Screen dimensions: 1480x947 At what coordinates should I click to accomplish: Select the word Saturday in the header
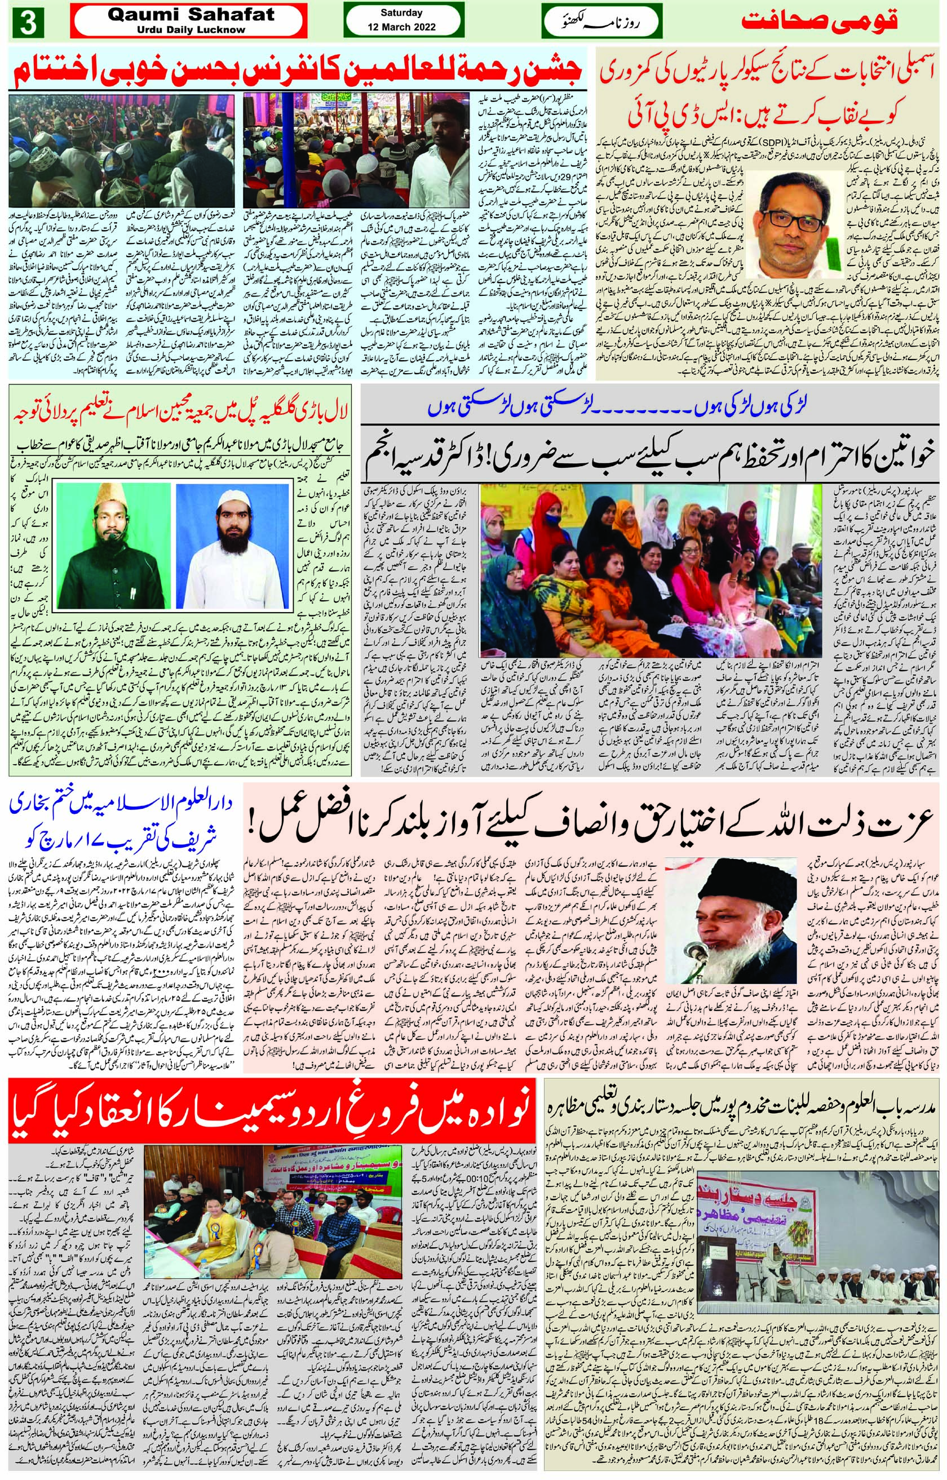401,13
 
